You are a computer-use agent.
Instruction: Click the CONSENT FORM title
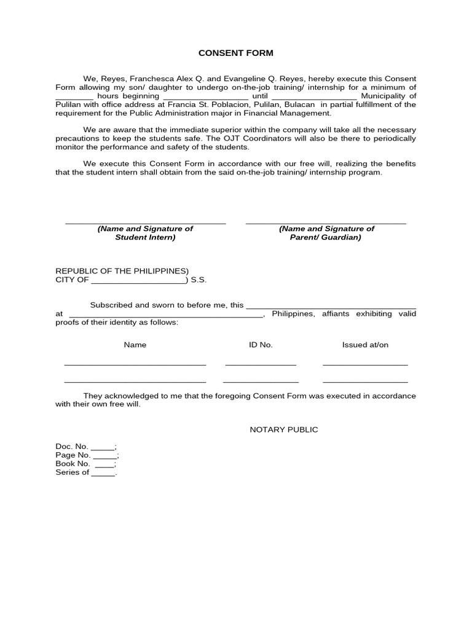(236, 53)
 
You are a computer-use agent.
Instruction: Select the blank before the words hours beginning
(74, 97)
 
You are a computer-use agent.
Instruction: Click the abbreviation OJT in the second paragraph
(276, 139)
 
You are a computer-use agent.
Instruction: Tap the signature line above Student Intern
(145, 222)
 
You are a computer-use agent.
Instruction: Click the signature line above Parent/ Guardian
(326, 222)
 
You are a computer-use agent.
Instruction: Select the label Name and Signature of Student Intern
(145, 233)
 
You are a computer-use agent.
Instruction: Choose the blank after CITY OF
(139, 281)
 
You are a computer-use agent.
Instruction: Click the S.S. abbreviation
(199, 280)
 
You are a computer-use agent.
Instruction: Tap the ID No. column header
(261, 345)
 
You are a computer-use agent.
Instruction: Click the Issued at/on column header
(365, 345)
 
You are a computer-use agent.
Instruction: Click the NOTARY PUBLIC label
(284, 429)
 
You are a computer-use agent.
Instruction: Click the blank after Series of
(103, 474)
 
